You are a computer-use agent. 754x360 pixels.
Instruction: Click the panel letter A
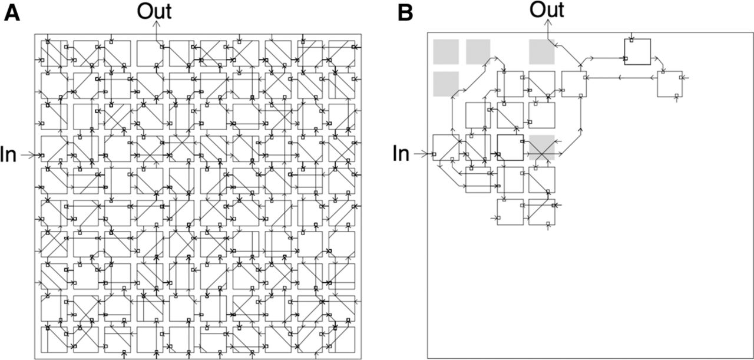(12, 14)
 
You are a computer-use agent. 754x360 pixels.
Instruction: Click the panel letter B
(405, 14)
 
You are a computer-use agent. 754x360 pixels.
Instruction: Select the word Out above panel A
(154, 11)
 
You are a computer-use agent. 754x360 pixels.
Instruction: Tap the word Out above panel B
(547, 9)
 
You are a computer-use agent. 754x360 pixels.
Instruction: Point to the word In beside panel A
(8, 155)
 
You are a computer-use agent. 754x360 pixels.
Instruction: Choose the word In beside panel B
(401, 154)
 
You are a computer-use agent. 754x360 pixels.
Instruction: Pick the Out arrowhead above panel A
(156, 23)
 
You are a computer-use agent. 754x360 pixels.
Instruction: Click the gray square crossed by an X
(541, 147)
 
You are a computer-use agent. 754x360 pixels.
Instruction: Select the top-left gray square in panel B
(446, 51)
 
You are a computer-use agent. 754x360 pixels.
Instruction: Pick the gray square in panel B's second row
(446, 84)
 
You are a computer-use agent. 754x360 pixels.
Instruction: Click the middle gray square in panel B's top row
(478, 51)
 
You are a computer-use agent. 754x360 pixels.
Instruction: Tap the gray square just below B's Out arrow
(541, 51)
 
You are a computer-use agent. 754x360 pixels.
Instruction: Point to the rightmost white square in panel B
(670, 84)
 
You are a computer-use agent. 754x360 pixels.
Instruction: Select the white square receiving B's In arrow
(446, 147)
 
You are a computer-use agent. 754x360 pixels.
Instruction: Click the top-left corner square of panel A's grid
(54, 54)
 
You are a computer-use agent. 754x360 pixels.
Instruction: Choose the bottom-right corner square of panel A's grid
(342, 339)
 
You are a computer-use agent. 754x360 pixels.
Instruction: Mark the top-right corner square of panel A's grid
(342, 54)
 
